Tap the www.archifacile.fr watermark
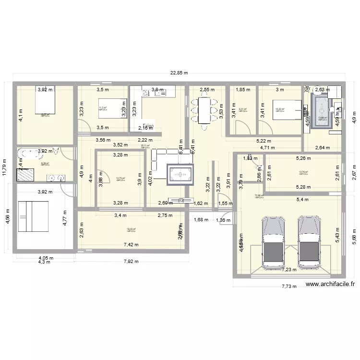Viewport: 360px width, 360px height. pos(330,284)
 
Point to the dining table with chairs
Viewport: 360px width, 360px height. pos(204,112)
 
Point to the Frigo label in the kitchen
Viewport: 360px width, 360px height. pos(148,126)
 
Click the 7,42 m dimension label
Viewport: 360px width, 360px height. pos(131,245)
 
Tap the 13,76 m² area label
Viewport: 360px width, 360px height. pos(303,172)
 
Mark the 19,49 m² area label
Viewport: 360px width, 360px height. pos(131,229)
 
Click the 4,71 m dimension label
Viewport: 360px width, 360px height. pos(267,148)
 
